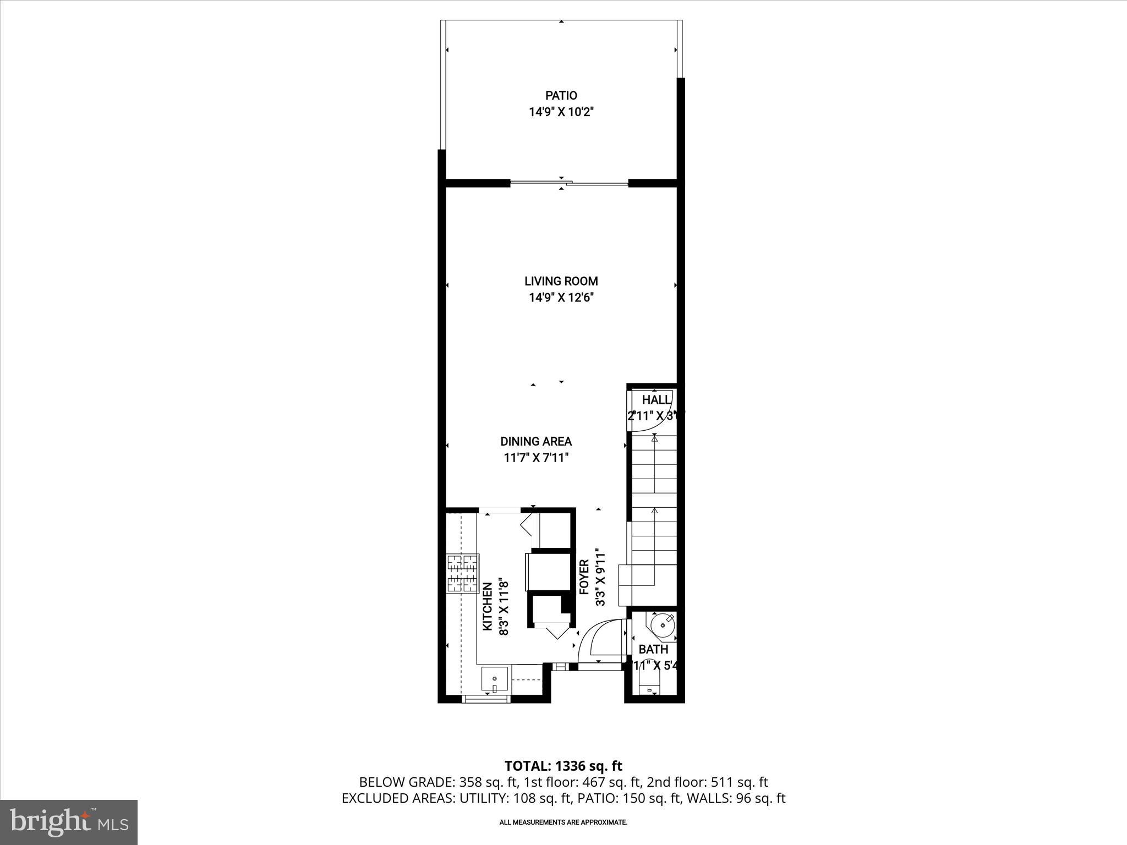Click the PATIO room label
(x=561, y=96)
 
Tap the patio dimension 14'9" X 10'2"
(x=561, y=112)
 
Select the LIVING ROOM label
(x=561, y=281)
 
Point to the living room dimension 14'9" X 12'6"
(x=561, y=298)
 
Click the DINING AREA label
(x=536, y=441)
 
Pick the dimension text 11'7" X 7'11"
(x=536, y=458)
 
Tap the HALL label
(x=656, y=400)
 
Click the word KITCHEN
(x=488, y=607)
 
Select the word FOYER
(x=584, y=577)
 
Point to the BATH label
(x=653, y=650)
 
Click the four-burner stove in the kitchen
(x=462, y=574)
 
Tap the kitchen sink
(x=496, y=679)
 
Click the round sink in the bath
(x=662, y=625)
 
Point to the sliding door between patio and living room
(x=568, y=183)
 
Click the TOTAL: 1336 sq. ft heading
(x=563, y=766)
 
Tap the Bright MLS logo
(x=69, y=822)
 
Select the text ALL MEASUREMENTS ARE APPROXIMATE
(x=563, y=822)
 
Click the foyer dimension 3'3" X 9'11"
(x=600, y=577)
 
